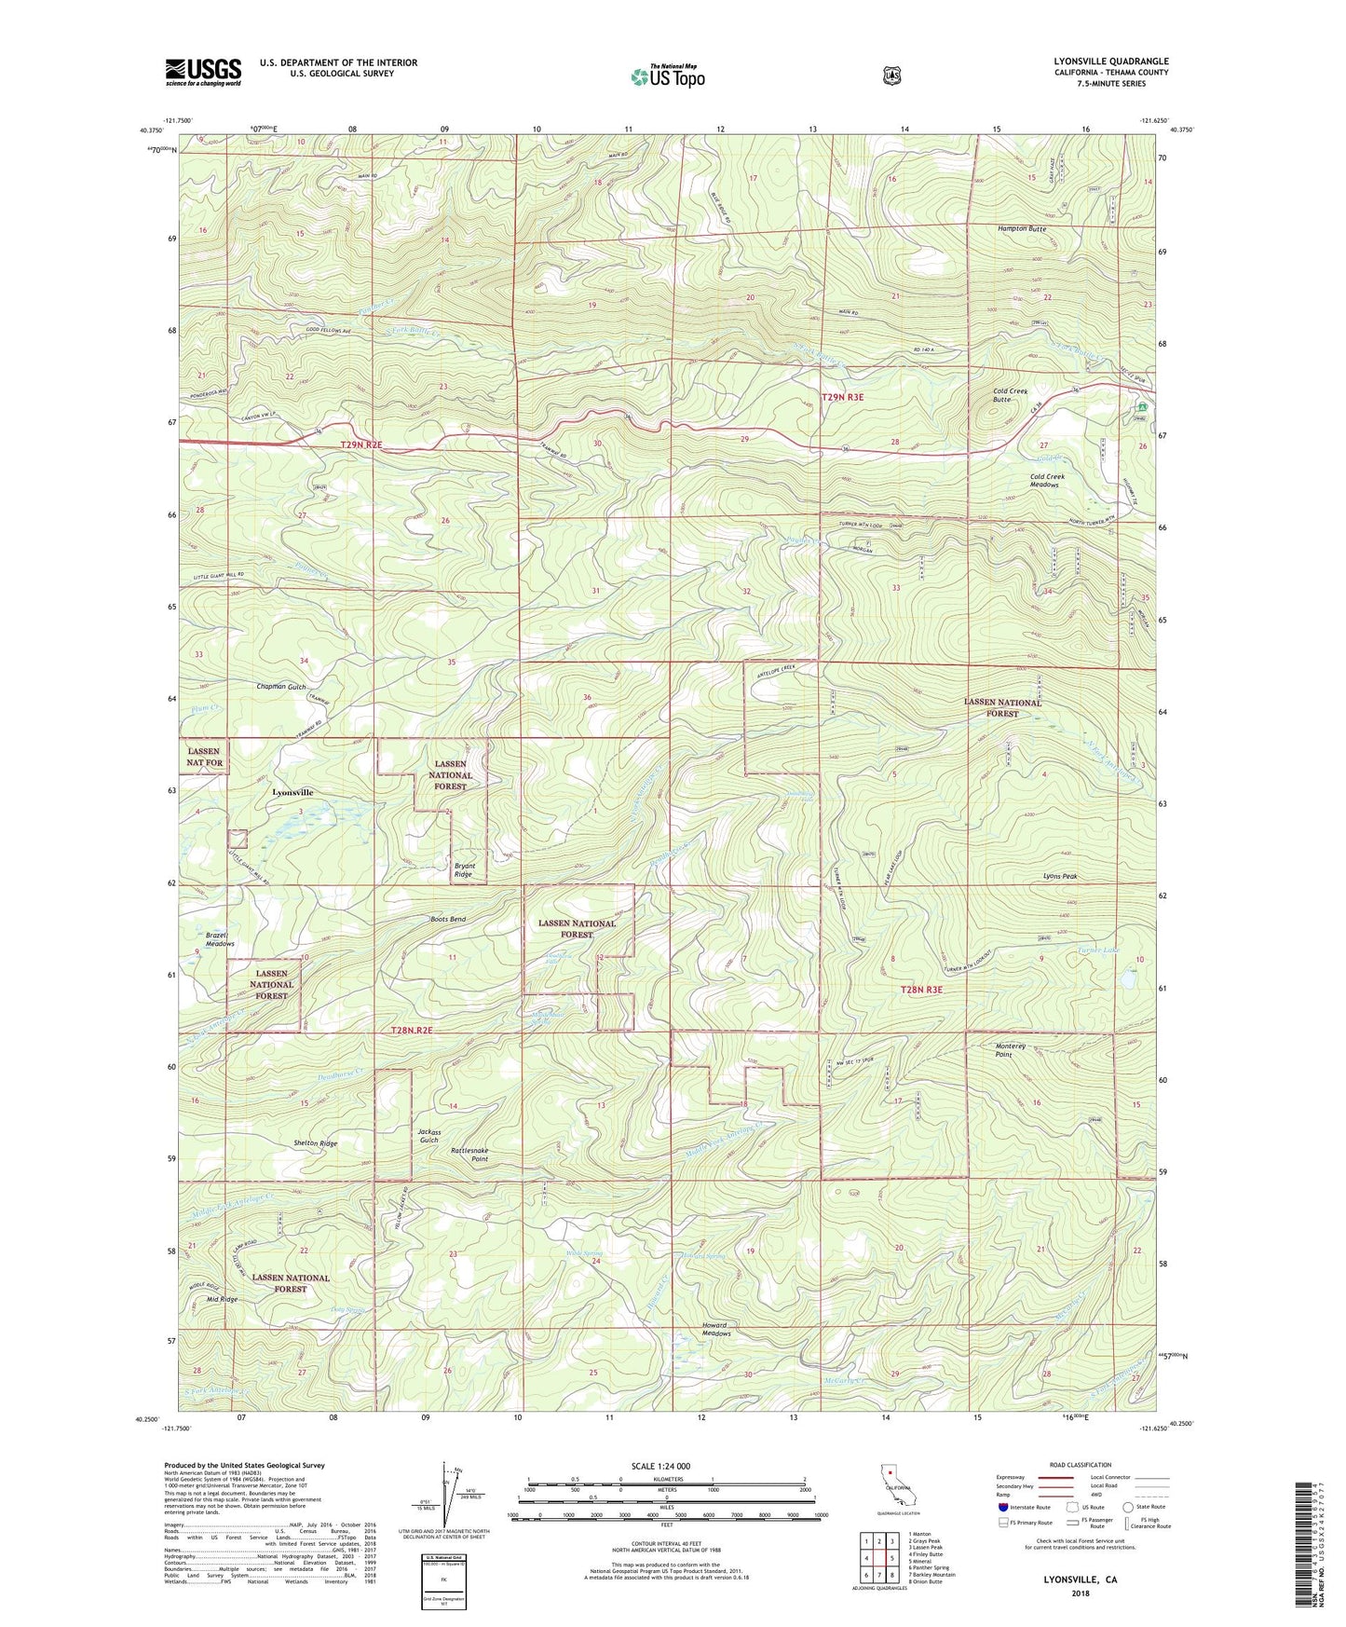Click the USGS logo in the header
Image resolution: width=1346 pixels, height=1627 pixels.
click(x=203, y=71)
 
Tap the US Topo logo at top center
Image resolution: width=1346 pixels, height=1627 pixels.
click(x=667, y=76)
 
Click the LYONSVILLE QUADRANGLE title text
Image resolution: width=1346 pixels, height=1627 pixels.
click(x=1105, y=62)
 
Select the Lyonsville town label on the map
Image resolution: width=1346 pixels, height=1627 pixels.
click(x=292, y=792)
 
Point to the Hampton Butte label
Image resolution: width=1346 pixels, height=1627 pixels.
click(x=1021, y=228)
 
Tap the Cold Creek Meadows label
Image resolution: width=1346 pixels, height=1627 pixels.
click(x=1047, y=481)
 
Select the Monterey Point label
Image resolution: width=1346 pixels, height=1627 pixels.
click(x=1011, y=1050)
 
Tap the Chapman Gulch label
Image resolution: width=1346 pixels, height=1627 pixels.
click(x=281, y=687)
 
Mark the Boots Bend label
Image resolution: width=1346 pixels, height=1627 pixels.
click(x=448, y=920)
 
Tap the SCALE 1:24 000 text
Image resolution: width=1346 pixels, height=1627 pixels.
click(x=660, y=1466)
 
